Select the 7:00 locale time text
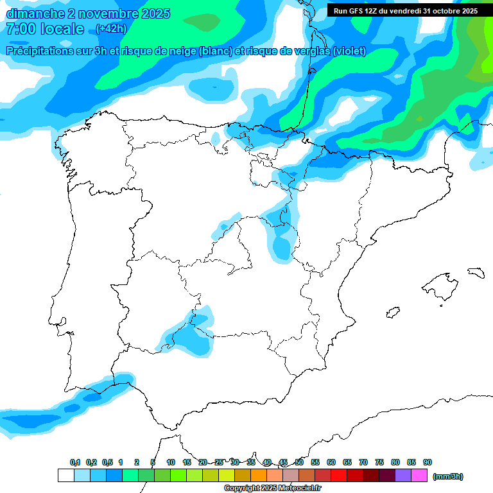44,29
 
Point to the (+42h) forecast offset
111,29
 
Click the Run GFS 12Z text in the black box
356,11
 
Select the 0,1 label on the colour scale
75,462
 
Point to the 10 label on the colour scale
171,462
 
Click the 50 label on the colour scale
299,462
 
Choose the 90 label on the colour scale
428,462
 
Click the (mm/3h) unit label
448,476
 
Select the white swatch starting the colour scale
65,476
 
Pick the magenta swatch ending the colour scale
419,476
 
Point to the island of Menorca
476,273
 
